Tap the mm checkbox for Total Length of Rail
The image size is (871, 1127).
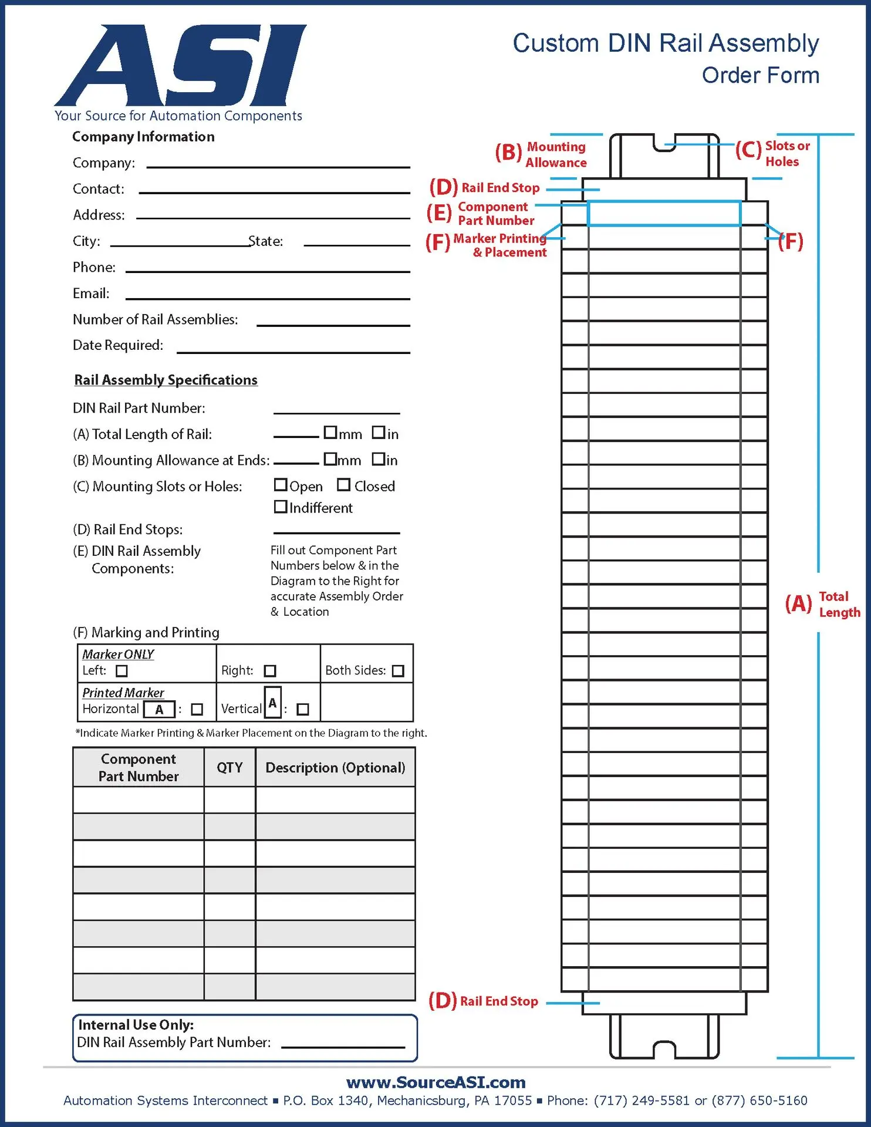coord(330,433)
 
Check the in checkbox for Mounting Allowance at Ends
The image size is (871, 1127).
coord(379,458)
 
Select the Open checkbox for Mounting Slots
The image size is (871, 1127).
coord(281,485)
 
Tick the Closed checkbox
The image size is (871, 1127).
coord(344,485)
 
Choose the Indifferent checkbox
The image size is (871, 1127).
coord(281,507)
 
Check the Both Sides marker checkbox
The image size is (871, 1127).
coord(398,671)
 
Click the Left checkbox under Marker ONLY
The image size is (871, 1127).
coord(122,671)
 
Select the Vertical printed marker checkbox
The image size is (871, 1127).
coord(303,709)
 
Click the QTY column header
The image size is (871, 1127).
coord(229,767)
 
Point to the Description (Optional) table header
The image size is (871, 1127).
coord(335,767)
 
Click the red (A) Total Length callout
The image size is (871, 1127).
coord(822,604)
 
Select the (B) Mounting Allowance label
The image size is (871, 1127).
coord(541,154)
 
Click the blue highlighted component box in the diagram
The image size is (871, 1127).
coord(664,214)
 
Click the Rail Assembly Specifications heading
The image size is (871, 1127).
coord(166,380)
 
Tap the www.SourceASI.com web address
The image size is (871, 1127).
coord(435,1082)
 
